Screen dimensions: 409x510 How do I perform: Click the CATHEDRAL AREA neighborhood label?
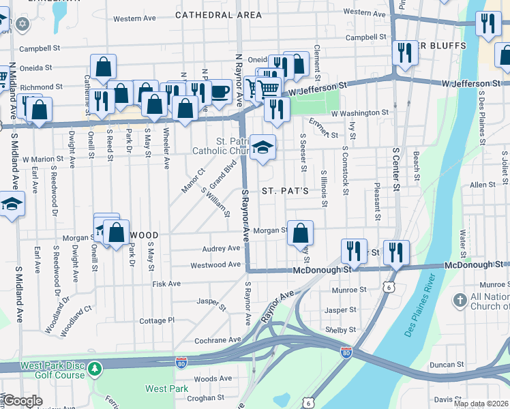pyautogui.click(x=217, y=14)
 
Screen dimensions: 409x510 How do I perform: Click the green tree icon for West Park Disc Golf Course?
pyautogui.click(x=96, y=368)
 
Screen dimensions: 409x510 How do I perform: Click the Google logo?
pyautogui.click(x=22, y=401)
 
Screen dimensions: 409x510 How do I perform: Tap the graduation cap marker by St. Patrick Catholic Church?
pyautogui.click(x=262, y=148)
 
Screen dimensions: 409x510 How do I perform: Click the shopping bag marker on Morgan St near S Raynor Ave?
pyautogui.click(x=300, y=234)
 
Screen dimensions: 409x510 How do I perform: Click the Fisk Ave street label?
pyautogui.click(x=166, y=284)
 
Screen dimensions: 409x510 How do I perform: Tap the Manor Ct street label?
pyautogui.click(x=192, y=181)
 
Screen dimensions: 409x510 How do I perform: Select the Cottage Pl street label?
pyautogui.click(x=157, y=320)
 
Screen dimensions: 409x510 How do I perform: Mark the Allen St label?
pyautogui.click(x=481, y=185)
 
